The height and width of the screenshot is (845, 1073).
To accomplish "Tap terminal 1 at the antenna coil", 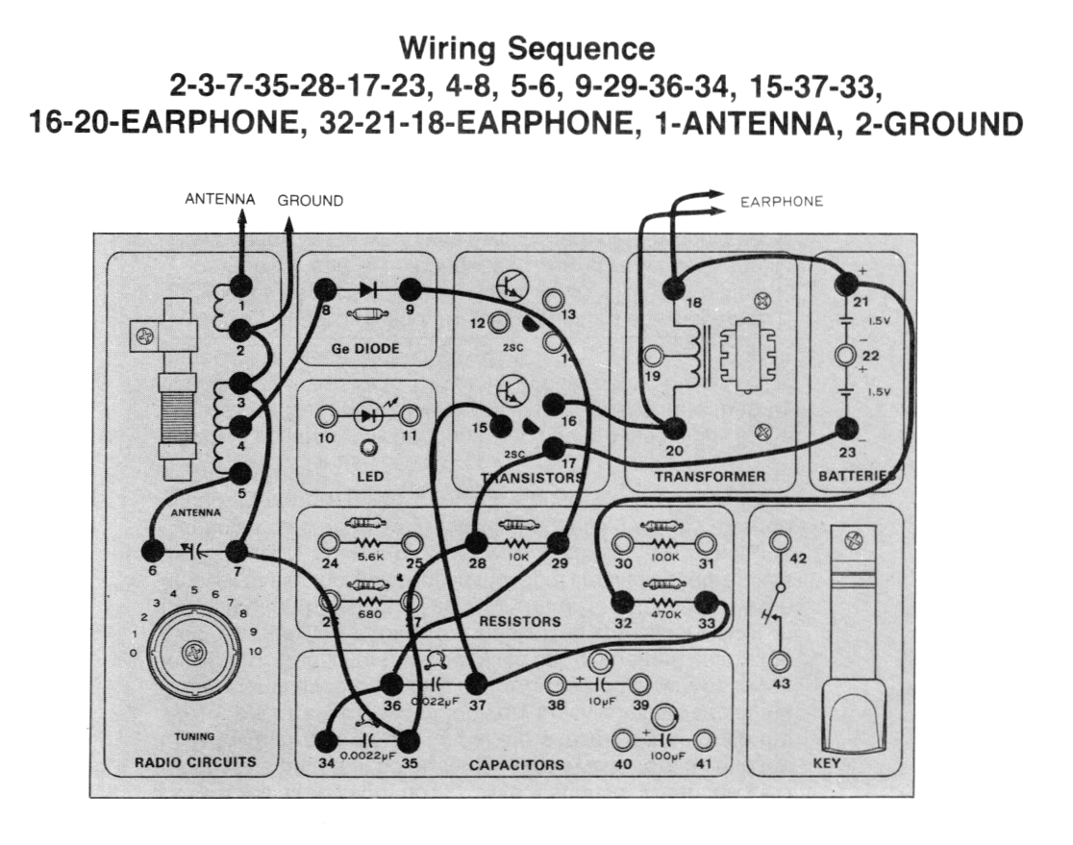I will [239, 286].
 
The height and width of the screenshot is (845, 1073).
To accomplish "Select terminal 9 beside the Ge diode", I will [411, 288].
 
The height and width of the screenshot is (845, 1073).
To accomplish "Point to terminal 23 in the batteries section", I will [846, 430].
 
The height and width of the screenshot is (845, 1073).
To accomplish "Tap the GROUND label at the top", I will [310, 201].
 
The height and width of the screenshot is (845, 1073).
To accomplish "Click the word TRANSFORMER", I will [710, 476].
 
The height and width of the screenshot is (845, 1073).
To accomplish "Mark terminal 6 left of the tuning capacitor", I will [151, 550].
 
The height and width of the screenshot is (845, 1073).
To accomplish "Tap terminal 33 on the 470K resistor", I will [707, 604].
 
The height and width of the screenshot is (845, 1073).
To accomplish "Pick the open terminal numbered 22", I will [846, 357].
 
